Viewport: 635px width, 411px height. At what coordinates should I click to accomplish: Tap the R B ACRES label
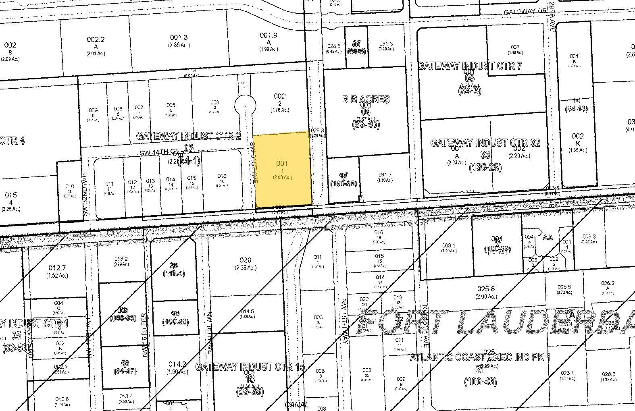pos(366,99)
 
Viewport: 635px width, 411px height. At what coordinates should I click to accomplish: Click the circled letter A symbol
pos(571,314)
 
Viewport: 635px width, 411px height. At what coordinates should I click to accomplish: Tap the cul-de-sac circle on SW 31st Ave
pos(245,106)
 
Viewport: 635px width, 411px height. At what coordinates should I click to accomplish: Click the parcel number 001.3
pos(179,37)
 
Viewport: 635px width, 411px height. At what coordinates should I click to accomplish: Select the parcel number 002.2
pos(96,39)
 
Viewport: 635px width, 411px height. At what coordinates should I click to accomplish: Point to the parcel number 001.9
pos(269,35)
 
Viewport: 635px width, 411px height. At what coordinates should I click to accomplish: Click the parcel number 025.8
pos(486,289)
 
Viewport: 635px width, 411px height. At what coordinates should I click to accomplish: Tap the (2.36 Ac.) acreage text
pos(245,268)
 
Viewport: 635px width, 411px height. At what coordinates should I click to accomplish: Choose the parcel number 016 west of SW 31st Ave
pos(222,176)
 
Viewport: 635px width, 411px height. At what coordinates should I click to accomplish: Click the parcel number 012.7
pos(57,268)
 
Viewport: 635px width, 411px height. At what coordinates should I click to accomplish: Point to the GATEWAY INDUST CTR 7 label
pos(470,66)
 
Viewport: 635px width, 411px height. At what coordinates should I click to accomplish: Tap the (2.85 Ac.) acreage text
pos(179,45)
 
